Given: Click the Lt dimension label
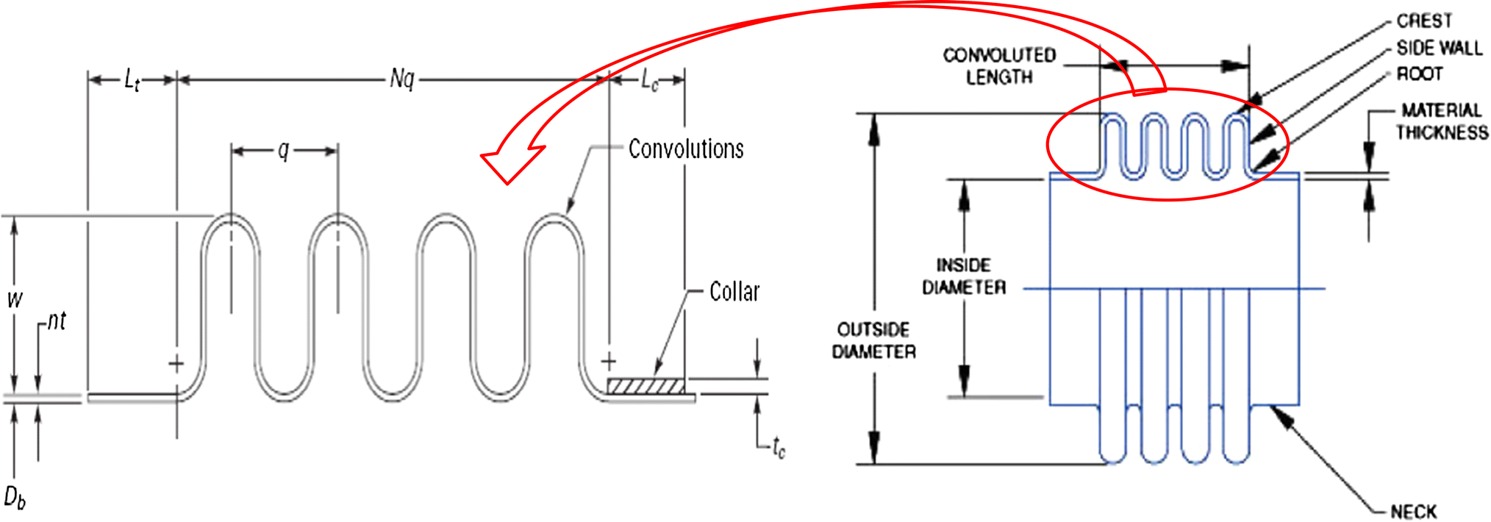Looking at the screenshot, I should click(x=132, y=79).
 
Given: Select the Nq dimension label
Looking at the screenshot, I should click(x=402, y=79).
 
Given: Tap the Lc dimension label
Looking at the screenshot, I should click(x=649, y=80).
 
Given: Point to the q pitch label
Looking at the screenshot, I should click(x=284, y=151).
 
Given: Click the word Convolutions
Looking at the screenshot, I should click(x=685, y=149).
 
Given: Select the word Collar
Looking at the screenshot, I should click(x=734, y=292).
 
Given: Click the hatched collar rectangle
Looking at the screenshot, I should click(x=646, y=386).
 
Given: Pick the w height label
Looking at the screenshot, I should click(x=15, y=299).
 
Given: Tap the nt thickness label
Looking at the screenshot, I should click(x=57, y=321).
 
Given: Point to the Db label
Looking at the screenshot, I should click(x=15, y=498).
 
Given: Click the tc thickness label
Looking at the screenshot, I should click(x=779, y=446).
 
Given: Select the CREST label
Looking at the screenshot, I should click(x=1423, y=21).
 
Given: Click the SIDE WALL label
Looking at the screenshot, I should click(x=1439, y=49).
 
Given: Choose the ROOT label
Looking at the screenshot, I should click(x=1419, y=74).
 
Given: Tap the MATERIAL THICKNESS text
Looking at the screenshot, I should click(x=1442, y=121).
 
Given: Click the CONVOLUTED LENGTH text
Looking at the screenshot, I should click(x=998, y=66).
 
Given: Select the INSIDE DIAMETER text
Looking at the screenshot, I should click(x=963, y=276).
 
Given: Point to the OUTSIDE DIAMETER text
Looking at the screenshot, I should click(x=873, y=340).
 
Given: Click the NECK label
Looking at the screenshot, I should click(x=1413, y=512).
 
